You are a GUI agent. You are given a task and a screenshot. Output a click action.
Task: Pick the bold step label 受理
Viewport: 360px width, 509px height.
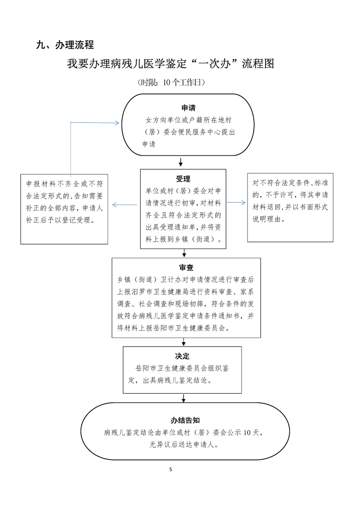click(183, 178)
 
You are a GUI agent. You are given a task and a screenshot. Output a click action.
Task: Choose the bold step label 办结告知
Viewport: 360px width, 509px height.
click(185, 420)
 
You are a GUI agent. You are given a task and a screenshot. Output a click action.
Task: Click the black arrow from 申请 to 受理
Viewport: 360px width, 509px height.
click(181, 162)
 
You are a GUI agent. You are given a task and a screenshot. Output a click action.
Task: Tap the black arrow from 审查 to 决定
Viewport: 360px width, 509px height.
click(183, 342)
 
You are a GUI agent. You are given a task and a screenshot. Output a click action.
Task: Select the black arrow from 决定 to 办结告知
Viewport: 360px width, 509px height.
click(183, 398)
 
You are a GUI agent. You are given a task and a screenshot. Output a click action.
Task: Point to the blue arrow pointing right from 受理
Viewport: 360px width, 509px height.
click(236, 202)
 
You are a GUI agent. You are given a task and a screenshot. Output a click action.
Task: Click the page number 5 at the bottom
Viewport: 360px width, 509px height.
click(171, 469)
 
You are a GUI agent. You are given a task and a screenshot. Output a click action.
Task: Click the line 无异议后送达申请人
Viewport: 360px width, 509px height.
click(184, 445)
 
